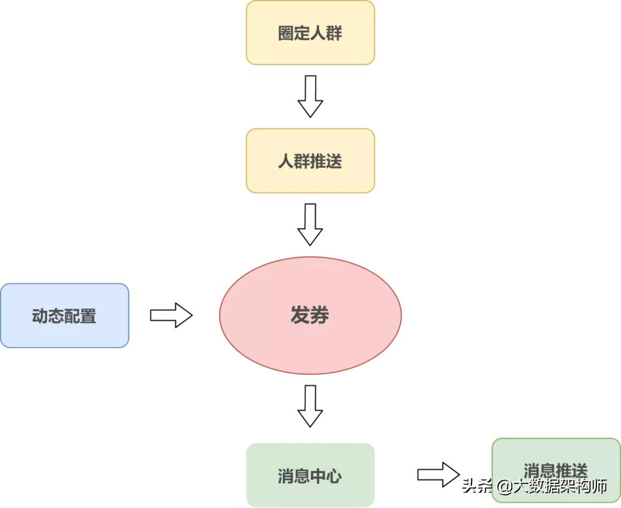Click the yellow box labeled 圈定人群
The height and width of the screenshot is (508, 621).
click(x=310, y=32)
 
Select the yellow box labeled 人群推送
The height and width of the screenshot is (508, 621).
click(x=310, y=160)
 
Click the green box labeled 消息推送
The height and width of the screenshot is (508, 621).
click(x=555, y=454)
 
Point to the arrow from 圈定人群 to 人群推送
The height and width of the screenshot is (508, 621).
click(x=310, y=97)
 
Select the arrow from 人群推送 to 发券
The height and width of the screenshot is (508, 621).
click(x=310, y=225)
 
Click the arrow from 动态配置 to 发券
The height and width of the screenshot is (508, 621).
click(x=171, y=315)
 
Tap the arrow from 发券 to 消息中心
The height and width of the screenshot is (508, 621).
click(x=310, y=406)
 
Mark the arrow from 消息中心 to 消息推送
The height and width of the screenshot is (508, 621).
click(x=438, y=475)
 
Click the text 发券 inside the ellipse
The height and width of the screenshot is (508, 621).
click(x=310, y=315)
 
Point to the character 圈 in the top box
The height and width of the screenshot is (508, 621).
click(x=286, y=33)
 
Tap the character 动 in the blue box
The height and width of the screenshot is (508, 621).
click(x=40, y=316)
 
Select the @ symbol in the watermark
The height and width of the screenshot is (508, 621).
click(x=504, y=487)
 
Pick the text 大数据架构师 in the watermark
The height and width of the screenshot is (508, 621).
click(x=561, y=487)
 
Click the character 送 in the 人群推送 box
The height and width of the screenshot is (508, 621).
click(x=334, y=161)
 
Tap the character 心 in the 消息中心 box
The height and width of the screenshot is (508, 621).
click(x=334, y=476)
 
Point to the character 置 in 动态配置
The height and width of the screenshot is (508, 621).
click(x=89, y=316)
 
